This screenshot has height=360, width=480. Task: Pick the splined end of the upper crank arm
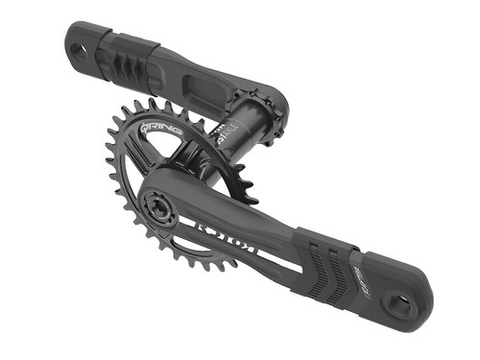[262, 112]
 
